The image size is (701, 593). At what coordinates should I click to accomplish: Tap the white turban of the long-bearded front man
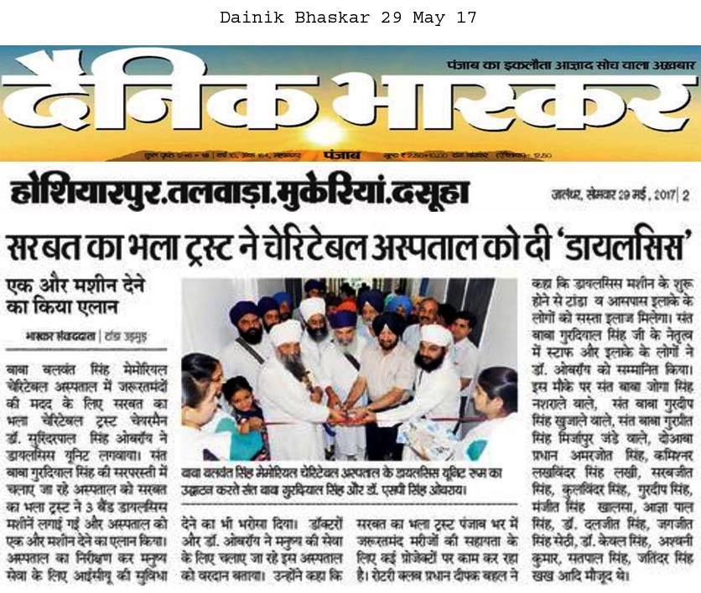point(284,333)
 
